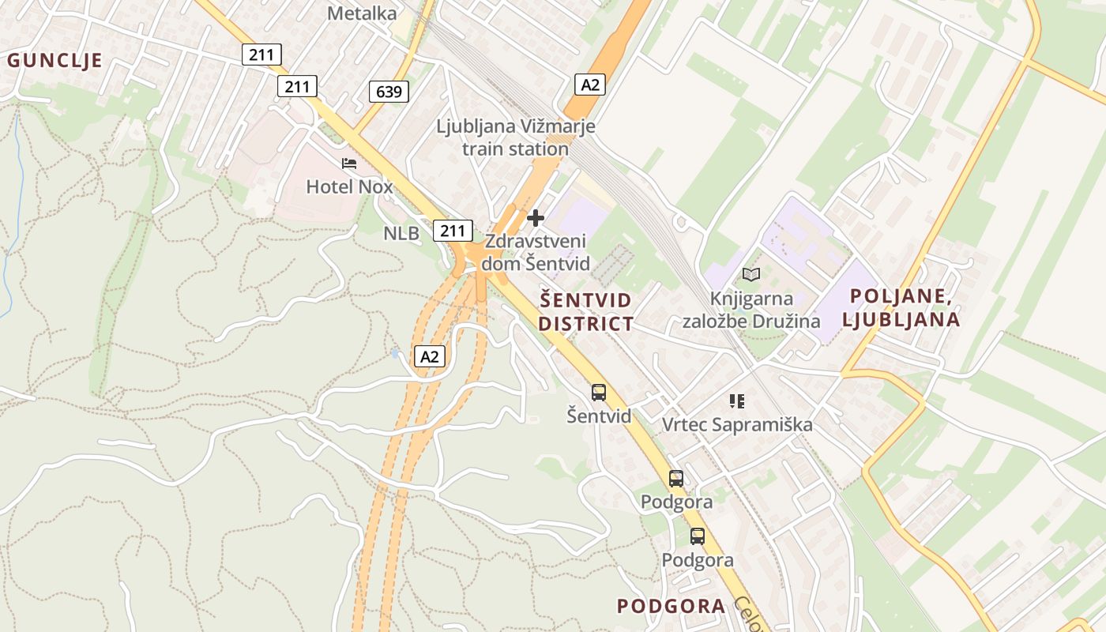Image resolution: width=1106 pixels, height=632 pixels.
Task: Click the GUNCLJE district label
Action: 55,60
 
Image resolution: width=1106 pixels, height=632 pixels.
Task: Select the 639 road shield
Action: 389,92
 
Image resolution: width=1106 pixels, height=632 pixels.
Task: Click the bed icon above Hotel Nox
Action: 349,164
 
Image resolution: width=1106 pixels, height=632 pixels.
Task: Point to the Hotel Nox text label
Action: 349,187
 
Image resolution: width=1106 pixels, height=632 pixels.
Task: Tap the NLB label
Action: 401,233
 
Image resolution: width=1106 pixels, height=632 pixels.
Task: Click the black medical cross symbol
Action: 536,217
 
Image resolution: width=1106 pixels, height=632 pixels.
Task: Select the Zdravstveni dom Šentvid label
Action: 536,252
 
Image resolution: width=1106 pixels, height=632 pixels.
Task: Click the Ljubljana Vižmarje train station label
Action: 516,137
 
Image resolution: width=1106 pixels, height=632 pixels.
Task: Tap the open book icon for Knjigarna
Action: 751,274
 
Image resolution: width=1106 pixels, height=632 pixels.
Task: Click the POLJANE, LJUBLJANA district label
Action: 901,308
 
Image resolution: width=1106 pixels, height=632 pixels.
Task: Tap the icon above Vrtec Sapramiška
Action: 737,401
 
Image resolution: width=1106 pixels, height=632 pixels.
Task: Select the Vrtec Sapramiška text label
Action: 737,425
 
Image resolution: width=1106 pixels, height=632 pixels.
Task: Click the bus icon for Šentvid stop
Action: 599,392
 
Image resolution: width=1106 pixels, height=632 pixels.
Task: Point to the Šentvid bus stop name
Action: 599,415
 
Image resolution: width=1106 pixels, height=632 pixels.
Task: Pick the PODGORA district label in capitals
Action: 671,606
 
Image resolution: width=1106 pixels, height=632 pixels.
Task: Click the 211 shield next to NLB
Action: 453,231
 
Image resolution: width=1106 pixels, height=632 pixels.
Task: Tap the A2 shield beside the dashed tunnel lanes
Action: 429,356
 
